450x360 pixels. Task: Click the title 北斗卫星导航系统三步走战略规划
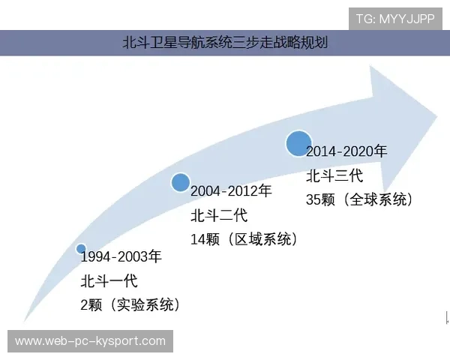click(224, 43)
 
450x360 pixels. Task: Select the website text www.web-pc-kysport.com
click(90, 341)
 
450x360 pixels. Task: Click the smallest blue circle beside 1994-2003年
click(81, 249)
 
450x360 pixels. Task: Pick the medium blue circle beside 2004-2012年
click(180, 182)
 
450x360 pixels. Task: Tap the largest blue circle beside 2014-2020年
click(298, 142)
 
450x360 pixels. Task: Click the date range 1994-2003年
click(121, 257)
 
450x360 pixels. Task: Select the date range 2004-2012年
click(231, 192)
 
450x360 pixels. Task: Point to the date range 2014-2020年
click(346, 151)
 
